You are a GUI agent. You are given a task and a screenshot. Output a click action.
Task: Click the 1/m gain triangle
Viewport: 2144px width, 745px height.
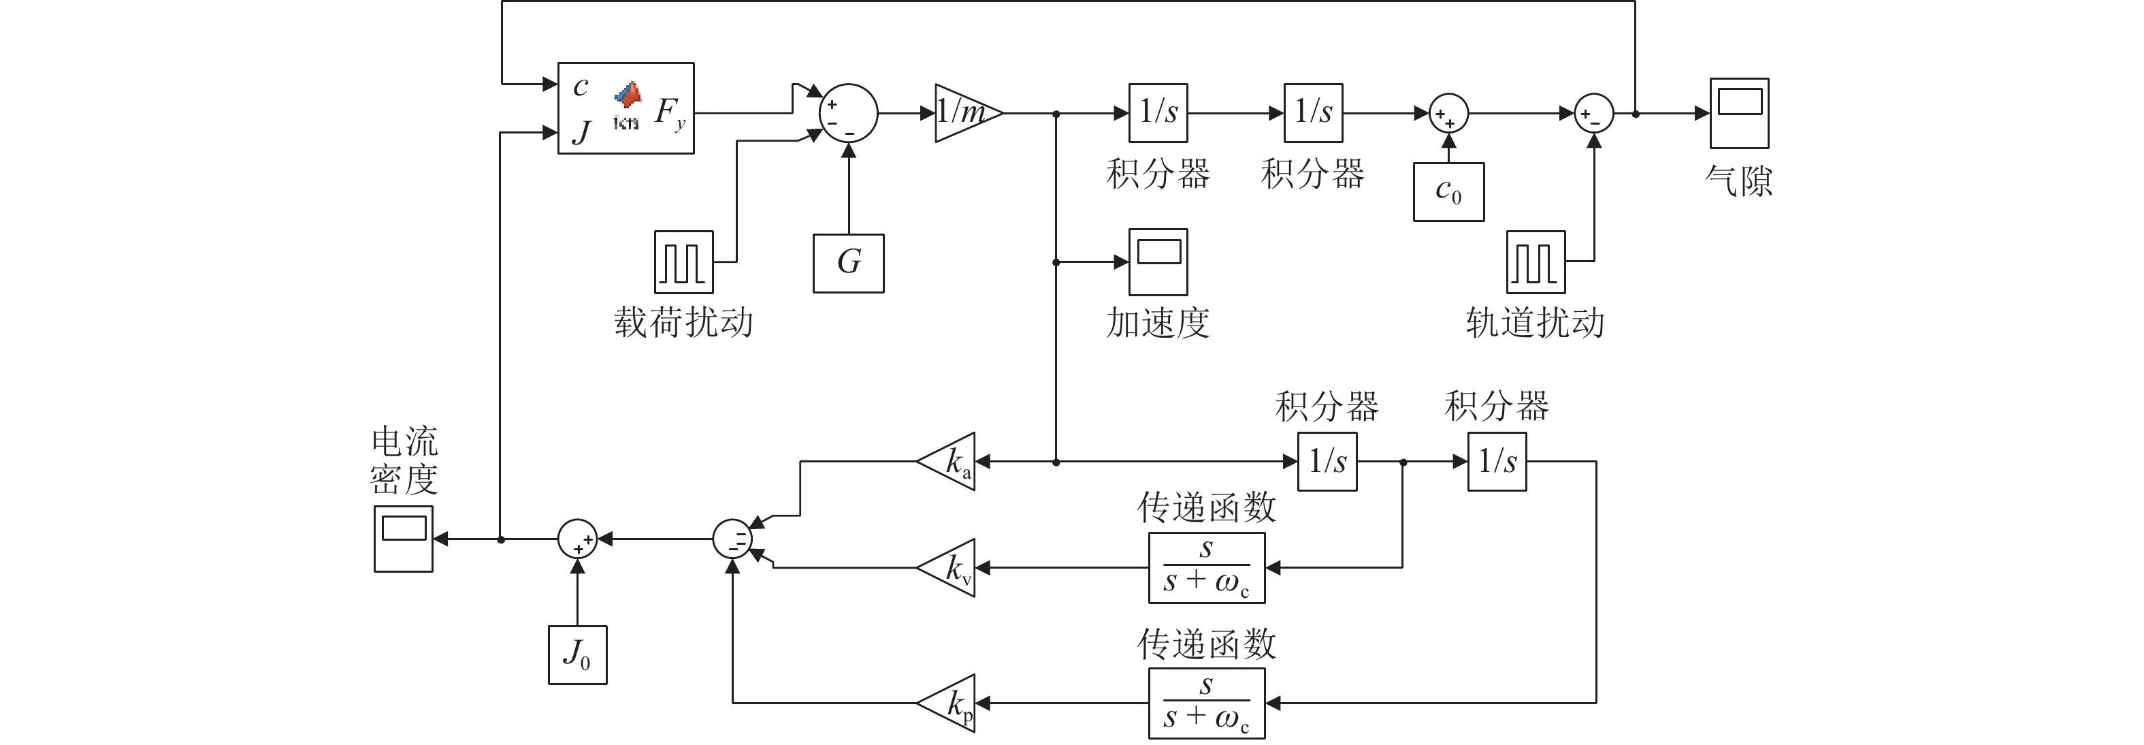click(x=965, y=112)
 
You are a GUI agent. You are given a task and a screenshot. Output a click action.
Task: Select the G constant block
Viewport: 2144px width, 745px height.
click(x=848, y=263)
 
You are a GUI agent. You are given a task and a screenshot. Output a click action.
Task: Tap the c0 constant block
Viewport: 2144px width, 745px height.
click(x=1448, y=191)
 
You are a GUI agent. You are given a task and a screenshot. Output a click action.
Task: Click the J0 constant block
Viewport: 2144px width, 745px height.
click(x=576, y=655)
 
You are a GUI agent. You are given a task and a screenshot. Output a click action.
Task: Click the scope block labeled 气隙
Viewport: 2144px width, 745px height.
click(x=1738, y=113)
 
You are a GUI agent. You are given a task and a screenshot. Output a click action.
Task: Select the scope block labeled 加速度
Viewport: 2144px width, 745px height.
click(x=1158, y=262)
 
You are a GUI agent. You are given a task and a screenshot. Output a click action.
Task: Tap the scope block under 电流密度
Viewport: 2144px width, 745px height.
click(x=403, y=539)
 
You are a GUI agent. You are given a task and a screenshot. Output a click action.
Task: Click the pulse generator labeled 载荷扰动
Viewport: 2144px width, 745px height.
click(x=683, y=262)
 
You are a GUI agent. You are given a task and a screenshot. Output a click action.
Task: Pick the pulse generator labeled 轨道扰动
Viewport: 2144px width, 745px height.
click(x=1536, y=262)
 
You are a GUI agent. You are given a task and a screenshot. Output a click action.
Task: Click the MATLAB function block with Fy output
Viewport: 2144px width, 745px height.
click(x=625, y=108)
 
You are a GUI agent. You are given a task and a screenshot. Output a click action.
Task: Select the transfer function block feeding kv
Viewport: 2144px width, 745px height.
click(x=1206, y=568)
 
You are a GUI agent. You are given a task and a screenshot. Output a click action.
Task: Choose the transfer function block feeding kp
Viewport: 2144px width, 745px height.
click(x=1206, y=703)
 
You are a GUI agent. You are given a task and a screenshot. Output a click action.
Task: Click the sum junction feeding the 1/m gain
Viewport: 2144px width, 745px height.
click(x=848, y=113)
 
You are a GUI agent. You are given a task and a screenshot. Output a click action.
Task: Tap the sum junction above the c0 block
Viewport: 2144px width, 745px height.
click(x=1448, y=113)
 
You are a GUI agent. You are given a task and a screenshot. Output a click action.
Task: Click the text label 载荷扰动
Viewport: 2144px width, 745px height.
click(x=683, y=323)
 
